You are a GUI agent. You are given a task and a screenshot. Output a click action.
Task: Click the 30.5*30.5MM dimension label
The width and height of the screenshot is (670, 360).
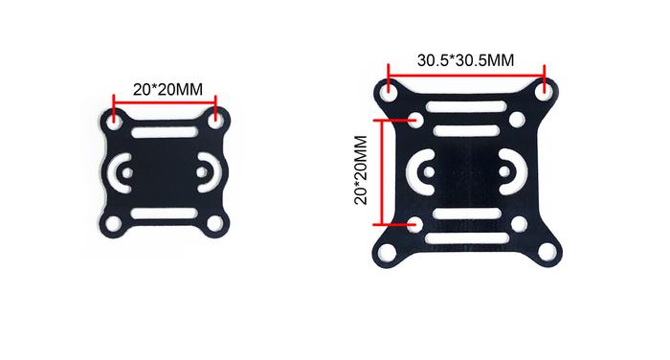[466, 60]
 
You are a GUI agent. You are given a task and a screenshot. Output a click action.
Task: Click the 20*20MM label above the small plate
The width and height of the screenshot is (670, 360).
[167, 89]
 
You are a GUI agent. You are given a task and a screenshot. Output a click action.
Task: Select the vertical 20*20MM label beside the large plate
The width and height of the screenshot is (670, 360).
[361, 170]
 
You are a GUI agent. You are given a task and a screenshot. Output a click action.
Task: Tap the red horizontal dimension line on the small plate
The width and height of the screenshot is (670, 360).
[166, 99]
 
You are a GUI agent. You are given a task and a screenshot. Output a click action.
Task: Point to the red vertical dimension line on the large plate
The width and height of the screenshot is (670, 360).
[385, 172]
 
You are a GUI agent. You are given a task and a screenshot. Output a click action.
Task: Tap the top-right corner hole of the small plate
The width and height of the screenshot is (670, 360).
[216, 121]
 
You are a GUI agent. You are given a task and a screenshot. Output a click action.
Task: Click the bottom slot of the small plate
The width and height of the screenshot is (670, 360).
[165, 214]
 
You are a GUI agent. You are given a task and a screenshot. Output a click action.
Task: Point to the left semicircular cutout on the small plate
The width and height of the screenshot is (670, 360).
[120, 173]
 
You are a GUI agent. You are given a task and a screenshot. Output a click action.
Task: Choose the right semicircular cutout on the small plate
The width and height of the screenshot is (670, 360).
[209, 173]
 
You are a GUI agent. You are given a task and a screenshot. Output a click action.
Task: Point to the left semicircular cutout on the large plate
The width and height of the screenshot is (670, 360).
[417, 173]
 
